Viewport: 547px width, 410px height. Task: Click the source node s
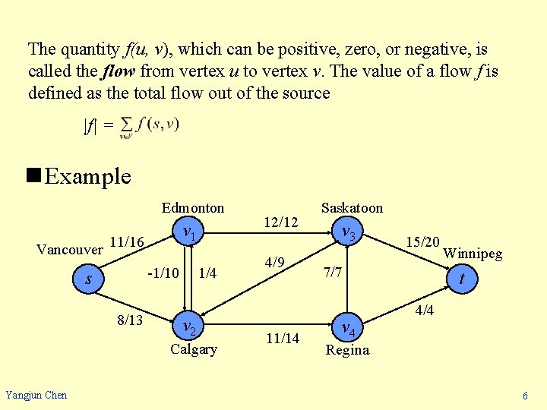[x=90, y=279]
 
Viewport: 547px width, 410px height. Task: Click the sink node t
[x=462, y=279]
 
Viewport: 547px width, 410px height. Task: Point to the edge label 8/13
[x=130, y=320]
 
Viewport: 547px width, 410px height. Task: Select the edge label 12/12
[x=280, y=222]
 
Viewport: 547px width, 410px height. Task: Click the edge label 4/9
[x=275, y=263]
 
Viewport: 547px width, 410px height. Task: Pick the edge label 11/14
[x=282, y=338]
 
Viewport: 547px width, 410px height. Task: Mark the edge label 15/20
[x=422, y=242]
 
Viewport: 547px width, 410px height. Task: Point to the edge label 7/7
[x=333, y=271]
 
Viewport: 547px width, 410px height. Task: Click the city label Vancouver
[x=70, y=250]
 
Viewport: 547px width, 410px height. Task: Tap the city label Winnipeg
[x=473, y=254]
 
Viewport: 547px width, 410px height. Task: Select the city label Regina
[x=347, y=350]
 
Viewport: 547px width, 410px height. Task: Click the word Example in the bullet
[x=87, y=177]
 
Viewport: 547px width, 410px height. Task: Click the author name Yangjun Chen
[x=36, y=395]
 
